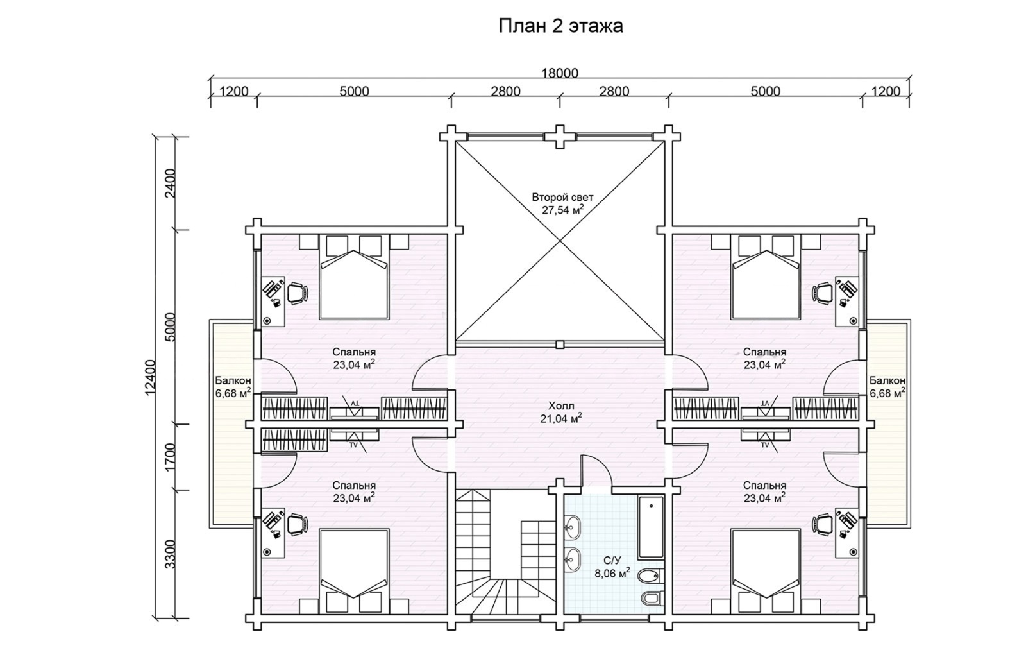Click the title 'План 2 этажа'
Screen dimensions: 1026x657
(x=560, y=26)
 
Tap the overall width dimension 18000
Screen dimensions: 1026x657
(x=560, y=73)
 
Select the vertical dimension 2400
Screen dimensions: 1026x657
(x=170, y=183)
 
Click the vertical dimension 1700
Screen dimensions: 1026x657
(x=170, y=457)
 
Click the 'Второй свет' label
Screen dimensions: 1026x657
(x=562, y=198)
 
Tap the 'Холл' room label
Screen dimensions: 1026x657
(x=561, y=405)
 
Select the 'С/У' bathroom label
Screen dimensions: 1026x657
(x=612, y=560)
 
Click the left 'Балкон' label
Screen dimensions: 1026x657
(x=233, y=380)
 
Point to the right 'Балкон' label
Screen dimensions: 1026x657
(x=887, y=380)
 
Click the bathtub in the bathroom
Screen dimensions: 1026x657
(x=651, y=527)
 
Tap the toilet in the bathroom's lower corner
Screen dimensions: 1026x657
(x=652, y=597)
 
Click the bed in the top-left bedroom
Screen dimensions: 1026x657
(x=354, y=277)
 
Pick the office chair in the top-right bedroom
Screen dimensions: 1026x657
(x=823, y=293)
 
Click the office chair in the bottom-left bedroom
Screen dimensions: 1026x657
(x=298, y=524)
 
